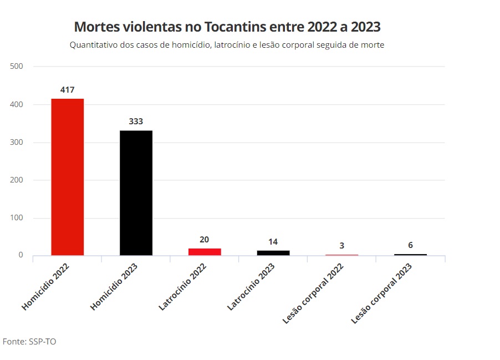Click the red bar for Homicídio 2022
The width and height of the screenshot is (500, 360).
pos(68,177)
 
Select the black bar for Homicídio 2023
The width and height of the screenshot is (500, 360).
pos(136,192)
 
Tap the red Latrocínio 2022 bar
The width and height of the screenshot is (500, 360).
pos(205,251)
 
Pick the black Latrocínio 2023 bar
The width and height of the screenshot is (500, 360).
pos(273,252)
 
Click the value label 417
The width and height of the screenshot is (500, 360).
pos(68,89)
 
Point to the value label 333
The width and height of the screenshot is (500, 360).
pos(136,121)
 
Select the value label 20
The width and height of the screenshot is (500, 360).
pos(205,240)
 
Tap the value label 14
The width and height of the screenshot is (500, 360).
pos(273,242)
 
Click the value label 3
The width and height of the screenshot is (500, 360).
pos(342,245)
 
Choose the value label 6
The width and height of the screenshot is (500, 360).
pos(410,245)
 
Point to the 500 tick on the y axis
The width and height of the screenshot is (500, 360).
pos(17,67)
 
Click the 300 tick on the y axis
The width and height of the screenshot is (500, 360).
pos(17,143)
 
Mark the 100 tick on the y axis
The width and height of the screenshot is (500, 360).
pos(17,218)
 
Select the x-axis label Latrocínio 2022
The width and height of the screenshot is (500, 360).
pos(182,287)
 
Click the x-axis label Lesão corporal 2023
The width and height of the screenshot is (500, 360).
pos(382,293)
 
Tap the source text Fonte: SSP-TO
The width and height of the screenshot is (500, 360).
pos(29,342)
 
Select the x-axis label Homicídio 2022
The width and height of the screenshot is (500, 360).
pos(46,286)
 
